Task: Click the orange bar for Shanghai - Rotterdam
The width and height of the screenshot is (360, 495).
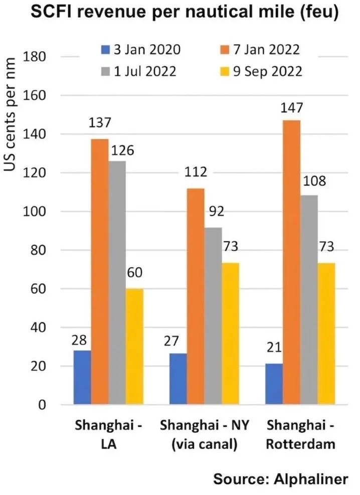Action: [x=291, y=262]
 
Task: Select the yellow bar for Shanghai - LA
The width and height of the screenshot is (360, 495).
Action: [x=134, y=347]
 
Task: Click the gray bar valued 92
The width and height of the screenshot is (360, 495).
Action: [x=213, y=316]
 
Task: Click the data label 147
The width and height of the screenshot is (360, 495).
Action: [x=291, y=108]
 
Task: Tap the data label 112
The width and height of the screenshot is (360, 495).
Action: [x=196, y=173]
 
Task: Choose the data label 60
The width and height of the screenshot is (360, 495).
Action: [x=134, y=273]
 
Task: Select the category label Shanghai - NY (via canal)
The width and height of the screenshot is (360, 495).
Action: [x=205, y=435]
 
